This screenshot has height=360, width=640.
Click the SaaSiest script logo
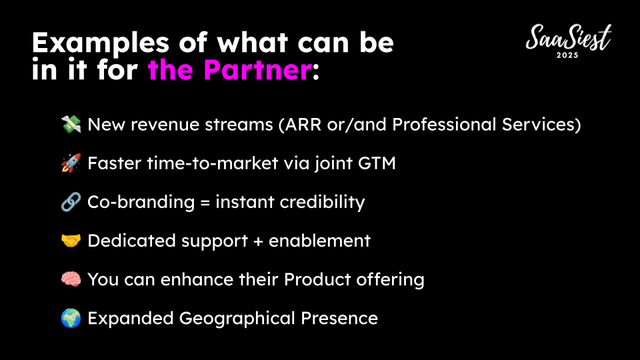tap(569, 37)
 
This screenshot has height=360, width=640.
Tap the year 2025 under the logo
tap(567, 55)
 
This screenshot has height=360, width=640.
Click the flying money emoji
tap(71, 125)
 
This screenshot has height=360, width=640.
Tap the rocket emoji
tap(71, 163)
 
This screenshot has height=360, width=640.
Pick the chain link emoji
tap(71, 202)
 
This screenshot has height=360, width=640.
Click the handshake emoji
tap(71, 241)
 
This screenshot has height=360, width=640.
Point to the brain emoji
tap(71, 279)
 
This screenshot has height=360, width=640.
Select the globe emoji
tap(71, 318)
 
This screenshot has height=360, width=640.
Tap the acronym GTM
tap(377, 163)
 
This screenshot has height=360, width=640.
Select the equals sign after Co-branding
tap(205, 203)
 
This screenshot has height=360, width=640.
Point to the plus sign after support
tap(258, 241)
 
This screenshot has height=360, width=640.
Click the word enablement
tap(319, 241)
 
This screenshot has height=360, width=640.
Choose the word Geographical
tap(237, 319)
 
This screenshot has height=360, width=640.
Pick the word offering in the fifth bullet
tap(390, 280)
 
